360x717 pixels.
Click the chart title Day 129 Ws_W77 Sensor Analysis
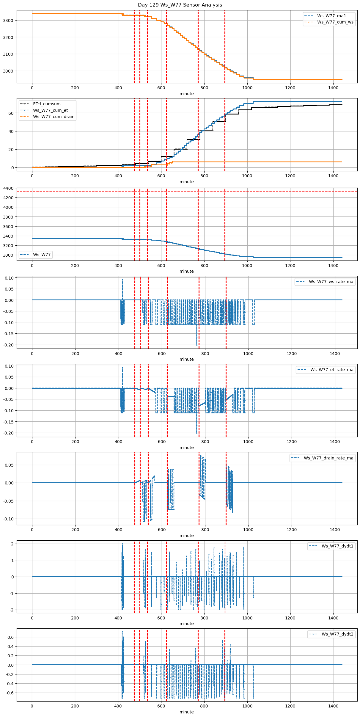coord(180,5)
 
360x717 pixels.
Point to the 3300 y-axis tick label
coord(8,21)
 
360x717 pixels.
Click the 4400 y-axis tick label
coord(8,188)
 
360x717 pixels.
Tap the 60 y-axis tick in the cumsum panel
coord(11,113)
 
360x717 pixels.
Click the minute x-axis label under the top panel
coord(187,94)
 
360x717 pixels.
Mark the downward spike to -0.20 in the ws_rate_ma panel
coord(196,344)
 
